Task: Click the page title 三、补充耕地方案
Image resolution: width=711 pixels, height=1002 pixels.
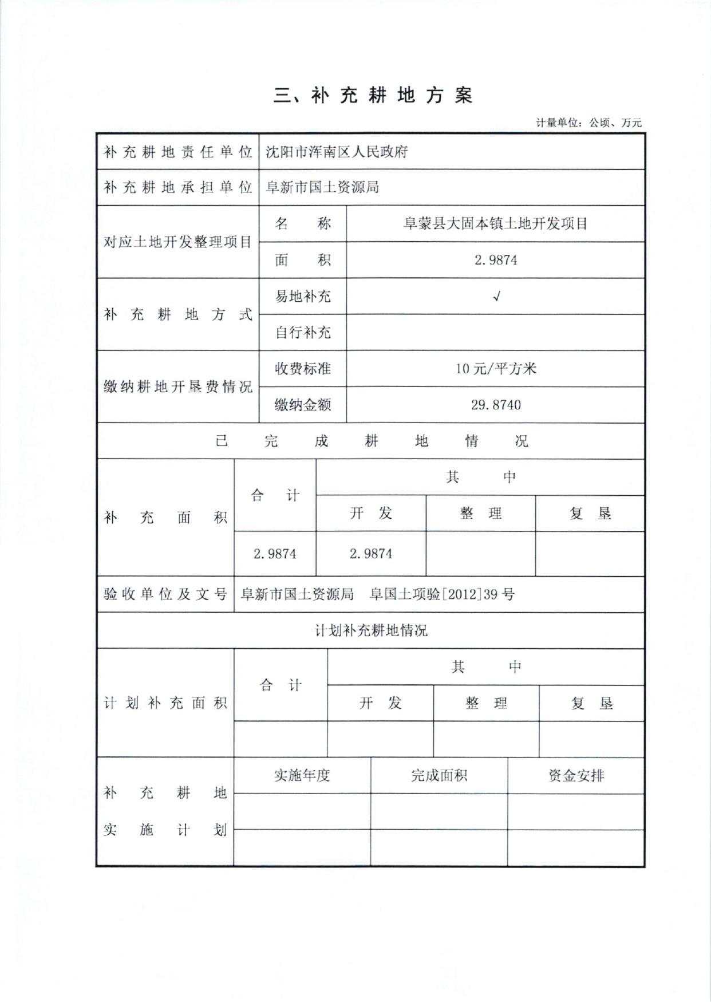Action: coord(373,96)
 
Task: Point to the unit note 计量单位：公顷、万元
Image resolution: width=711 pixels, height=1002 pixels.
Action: coord(588,123)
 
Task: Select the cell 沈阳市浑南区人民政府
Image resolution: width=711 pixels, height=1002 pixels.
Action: coord(337,152)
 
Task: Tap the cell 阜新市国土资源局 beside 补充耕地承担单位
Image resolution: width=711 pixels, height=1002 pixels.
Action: coord(322,187)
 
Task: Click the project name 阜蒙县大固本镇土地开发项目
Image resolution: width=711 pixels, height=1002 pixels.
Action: coord(496,224)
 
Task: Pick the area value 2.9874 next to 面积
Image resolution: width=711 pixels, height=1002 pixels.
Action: coord(496,260)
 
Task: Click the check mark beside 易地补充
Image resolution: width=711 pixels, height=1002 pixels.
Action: coord(496,296)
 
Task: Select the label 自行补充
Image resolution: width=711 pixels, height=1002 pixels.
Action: coord(303,333)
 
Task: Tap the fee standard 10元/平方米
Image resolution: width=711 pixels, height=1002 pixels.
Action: coord(496,369)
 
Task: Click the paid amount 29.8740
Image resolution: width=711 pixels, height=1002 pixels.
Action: coord(496,405)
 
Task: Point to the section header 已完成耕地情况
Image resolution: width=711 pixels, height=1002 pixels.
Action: coord(371,441)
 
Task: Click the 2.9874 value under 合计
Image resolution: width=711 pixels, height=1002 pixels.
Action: coord(275,554)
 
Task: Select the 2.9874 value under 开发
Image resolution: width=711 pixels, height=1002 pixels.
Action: coord(371,554)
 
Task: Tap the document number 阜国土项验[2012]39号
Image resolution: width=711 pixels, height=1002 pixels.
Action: coord(442,594)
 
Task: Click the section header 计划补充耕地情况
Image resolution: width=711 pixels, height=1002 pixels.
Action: coord(371,631)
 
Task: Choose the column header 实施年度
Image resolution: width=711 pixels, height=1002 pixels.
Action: coord(302,776)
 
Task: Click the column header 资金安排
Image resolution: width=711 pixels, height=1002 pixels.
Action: coord(576,776)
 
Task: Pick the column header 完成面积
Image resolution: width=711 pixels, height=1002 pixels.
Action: coord(439,776)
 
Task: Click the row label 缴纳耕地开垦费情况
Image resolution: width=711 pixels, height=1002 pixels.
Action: coord(177,387)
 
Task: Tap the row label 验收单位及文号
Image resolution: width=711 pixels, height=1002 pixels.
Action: coord(165,594)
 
